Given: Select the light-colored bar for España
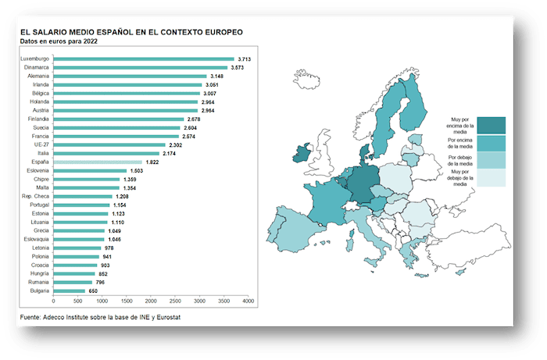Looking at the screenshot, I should (x=98, y=162).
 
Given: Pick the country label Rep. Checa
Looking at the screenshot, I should (x=37, y=196).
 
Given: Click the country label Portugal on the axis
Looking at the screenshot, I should (x=38, y=205).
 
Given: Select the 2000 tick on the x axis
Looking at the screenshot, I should (x=151, y=300).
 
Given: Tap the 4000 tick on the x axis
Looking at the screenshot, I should (x=248, y=300).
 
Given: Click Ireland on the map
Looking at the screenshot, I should (x=301, y=156).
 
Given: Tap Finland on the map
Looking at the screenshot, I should (x=414, y=105).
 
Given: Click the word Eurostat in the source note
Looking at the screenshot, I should (x=174, y=317).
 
